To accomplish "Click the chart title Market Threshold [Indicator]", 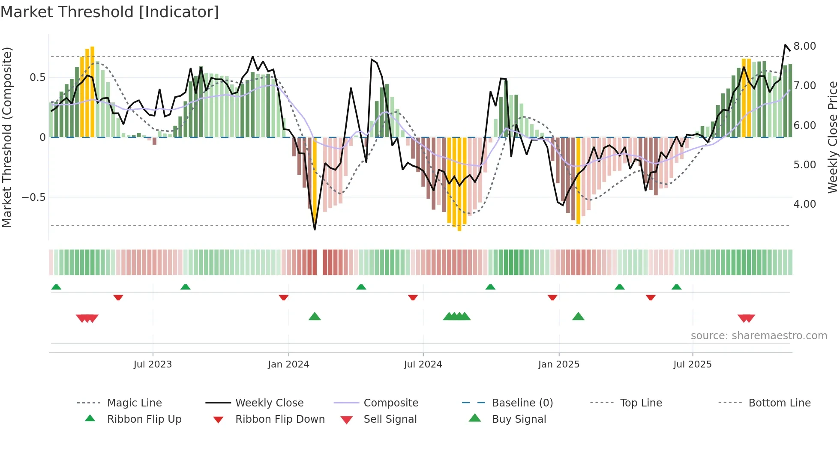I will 110,12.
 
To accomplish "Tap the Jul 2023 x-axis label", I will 153,364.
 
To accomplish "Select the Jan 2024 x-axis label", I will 288,364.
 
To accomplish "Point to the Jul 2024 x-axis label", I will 423,364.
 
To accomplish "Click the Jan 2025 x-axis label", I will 559,364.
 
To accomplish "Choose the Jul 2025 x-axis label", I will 693,364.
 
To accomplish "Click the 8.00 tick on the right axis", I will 804,46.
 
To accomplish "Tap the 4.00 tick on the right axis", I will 804,204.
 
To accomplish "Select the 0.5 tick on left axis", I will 37,78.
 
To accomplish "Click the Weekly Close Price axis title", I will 832,137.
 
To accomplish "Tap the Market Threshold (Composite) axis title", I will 7,137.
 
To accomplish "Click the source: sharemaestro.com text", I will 759,336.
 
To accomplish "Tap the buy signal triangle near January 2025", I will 578,317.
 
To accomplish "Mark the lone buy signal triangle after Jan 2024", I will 315,317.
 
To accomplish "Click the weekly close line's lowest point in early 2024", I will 315,230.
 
